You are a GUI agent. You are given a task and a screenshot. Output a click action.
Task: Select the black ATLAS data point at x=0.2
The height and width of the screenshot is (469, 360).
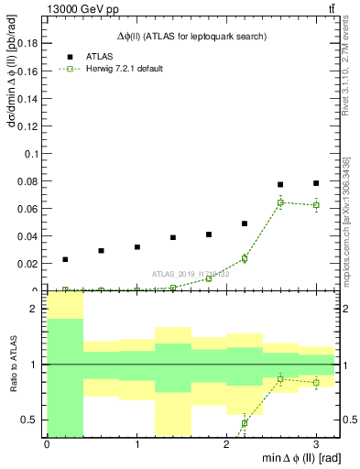click(x=65, y=259)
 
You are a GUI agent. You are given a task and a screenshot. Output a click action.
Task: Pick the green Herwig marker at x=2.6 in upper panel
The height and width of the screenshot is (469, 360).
click(x=280, y=202)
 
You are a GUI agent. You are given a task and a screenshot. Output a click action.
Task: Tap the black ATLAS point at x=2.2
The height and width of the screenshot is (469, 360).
click(x=245, y=224)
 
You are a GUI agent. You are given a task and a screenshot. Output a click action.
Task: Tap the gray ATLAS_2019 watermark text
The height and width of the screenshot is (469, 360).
click(x=191, y=274)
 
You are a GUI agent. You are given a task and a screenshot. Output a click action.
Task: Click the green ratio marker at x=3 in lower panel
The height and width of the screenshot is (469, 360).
click(x=316, y=382)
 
